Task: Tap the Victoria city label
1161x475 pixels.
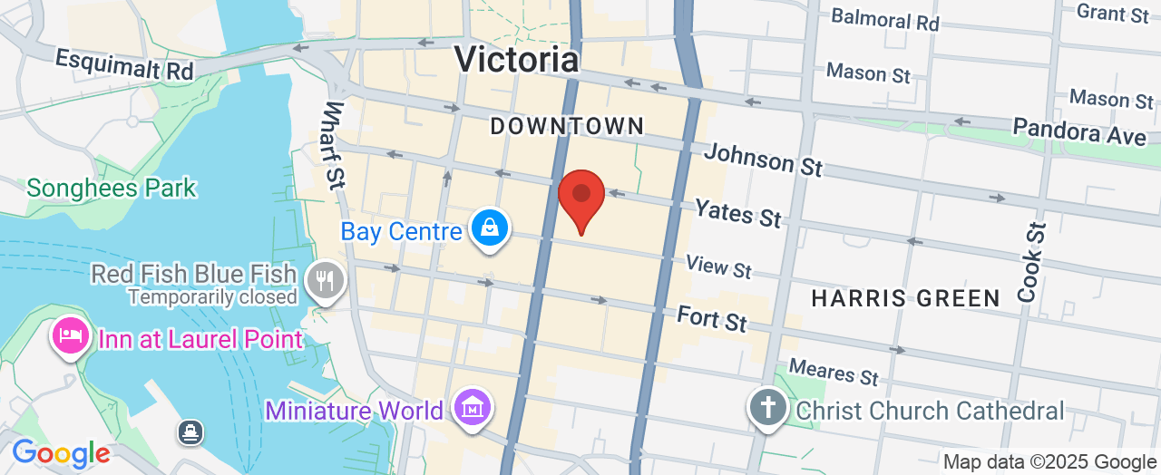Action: (516, 59)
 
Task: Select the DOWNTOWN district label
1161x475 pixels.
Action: (567, 127)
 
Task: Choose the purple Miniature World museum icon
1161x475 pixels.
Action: (473, 408)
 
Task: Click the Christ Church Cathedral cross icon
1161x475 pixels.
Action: (767, 409)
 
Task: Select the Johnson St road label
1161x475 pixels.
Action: (763, 160)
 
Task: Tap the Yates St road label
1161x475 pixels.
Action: (737, 212)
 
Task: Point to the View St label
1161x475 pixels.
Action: (718, 267)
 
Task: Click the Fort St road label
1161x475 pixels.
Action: (712, 318)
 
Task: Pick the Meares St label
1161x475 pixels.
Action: (834, 371)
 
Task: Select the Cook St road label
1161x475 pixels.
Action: (1030, 263)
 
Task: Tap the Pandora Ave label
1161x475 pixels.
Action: (1079, 131)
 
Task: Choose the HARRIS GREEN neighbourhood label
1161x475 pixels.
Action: (905, 298)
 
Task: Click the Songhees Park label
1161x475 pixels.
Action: (112, 189)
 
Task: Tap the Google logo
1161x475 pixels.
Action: (61, 453)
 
